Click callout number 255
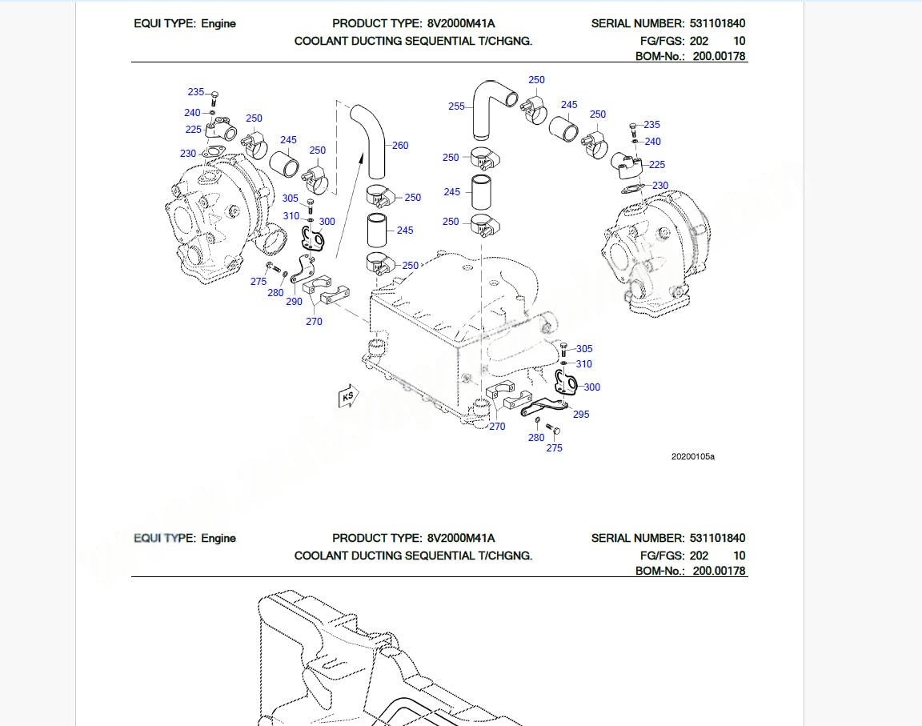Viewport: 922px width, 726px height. click(456, 106)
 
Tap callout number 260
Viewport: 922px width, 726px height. click(400, 146)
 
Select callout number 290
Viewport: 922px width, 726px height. click(294, 302)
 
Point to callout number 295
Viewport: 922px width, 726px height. click(581, 415)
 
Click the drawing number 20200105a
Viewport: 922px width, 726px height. click(692, 457)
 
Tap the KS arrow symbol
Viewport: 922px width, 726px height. click(348, 396)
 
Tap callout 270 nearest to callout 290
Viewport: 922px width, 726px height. click(314, 322)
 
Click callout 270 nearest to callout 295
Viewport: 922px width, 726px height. click(497, 427)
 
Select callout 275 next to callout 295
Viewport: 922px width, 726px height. click(555, 448)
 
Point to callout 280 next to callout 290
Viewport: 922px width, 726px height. click(275, 293)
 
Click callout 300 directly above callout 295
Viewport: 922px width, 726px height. click(591, 387)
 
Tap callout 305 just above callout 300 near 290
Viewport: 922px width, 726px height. click(291, 199)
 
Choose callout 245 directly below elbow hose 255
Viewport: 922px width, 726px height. click(451, 192)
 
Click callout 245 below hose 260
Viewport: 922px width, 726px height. click(405, 231)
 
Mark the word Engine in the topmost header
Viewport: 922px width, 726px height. click(218, 24)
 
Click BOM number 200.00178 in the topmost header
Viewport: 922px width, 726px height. click(719, 57)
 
